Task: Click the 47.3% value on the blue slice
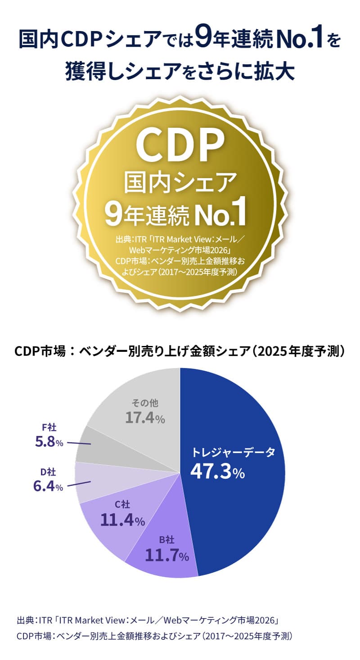(217, 471)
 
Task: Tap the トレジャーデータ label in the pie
(233, 453)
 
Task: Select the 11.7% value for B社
(166, 556)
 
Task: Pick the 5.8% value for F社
(49, 442)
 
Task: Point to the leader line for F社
(79, 444)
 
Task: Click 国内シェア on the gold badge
(180, 183)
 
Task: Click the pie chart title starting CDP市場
(180, 351)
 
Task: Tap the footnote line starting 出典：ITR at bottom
(148, 621)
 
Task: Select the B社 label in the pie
(166, 539)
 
